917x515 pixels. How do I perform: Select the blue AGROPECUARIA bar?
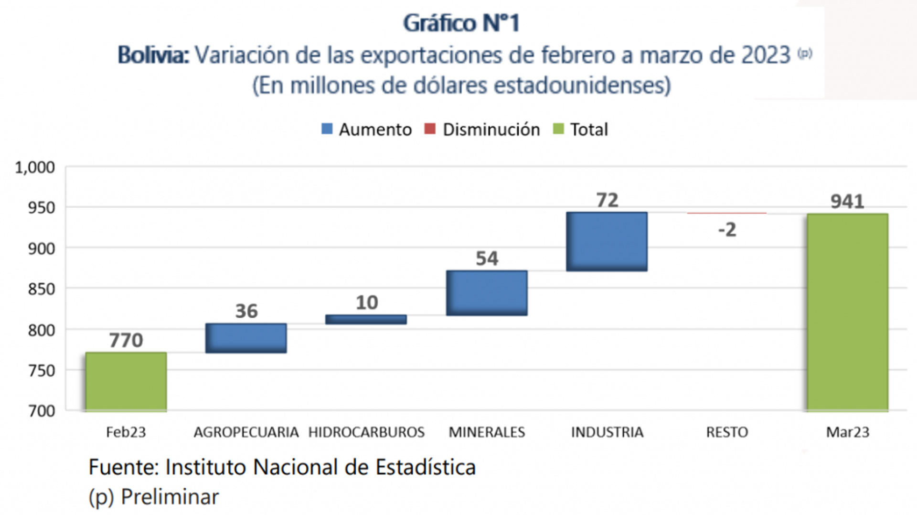click(246, 338)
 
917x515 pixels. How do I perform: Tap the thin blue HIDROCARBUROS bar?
click(366, 319)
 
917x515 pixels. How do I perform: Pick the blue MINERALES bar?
click(487, 293)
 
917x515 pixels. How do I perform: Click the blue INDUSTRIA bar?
click(607, 241)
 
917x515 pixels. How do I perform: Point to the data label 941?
click(847, 201)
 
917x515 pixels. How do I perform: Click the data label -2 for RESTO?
click(727, 230)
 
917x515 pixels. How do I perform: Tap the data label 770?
click(126, 340)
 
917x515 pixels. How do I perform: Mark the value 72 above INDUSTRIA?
click(607, 200)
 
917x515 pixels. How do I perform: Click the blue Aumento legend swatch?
click(327, 129)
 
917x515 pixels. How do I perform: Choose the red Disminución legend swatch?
click(430, 129)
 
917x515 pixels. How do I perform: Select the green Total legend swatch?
click(558, 129)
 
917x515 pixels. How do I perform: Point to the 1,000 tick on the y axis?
click(35, 167)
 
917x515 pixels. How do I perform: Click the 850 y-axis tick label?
click(42, 289)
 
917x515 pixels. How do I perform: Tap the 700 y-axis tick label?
click(42, 411)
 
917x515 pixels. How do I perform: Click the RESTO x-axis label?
click(727, 432)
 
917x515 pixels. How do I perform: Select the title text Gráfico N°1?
click(461, 23)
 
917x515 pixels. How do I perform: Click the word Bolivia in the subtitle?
click(153, 55)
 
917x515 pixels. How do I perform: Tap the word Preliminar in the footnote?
click(170, 497)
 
